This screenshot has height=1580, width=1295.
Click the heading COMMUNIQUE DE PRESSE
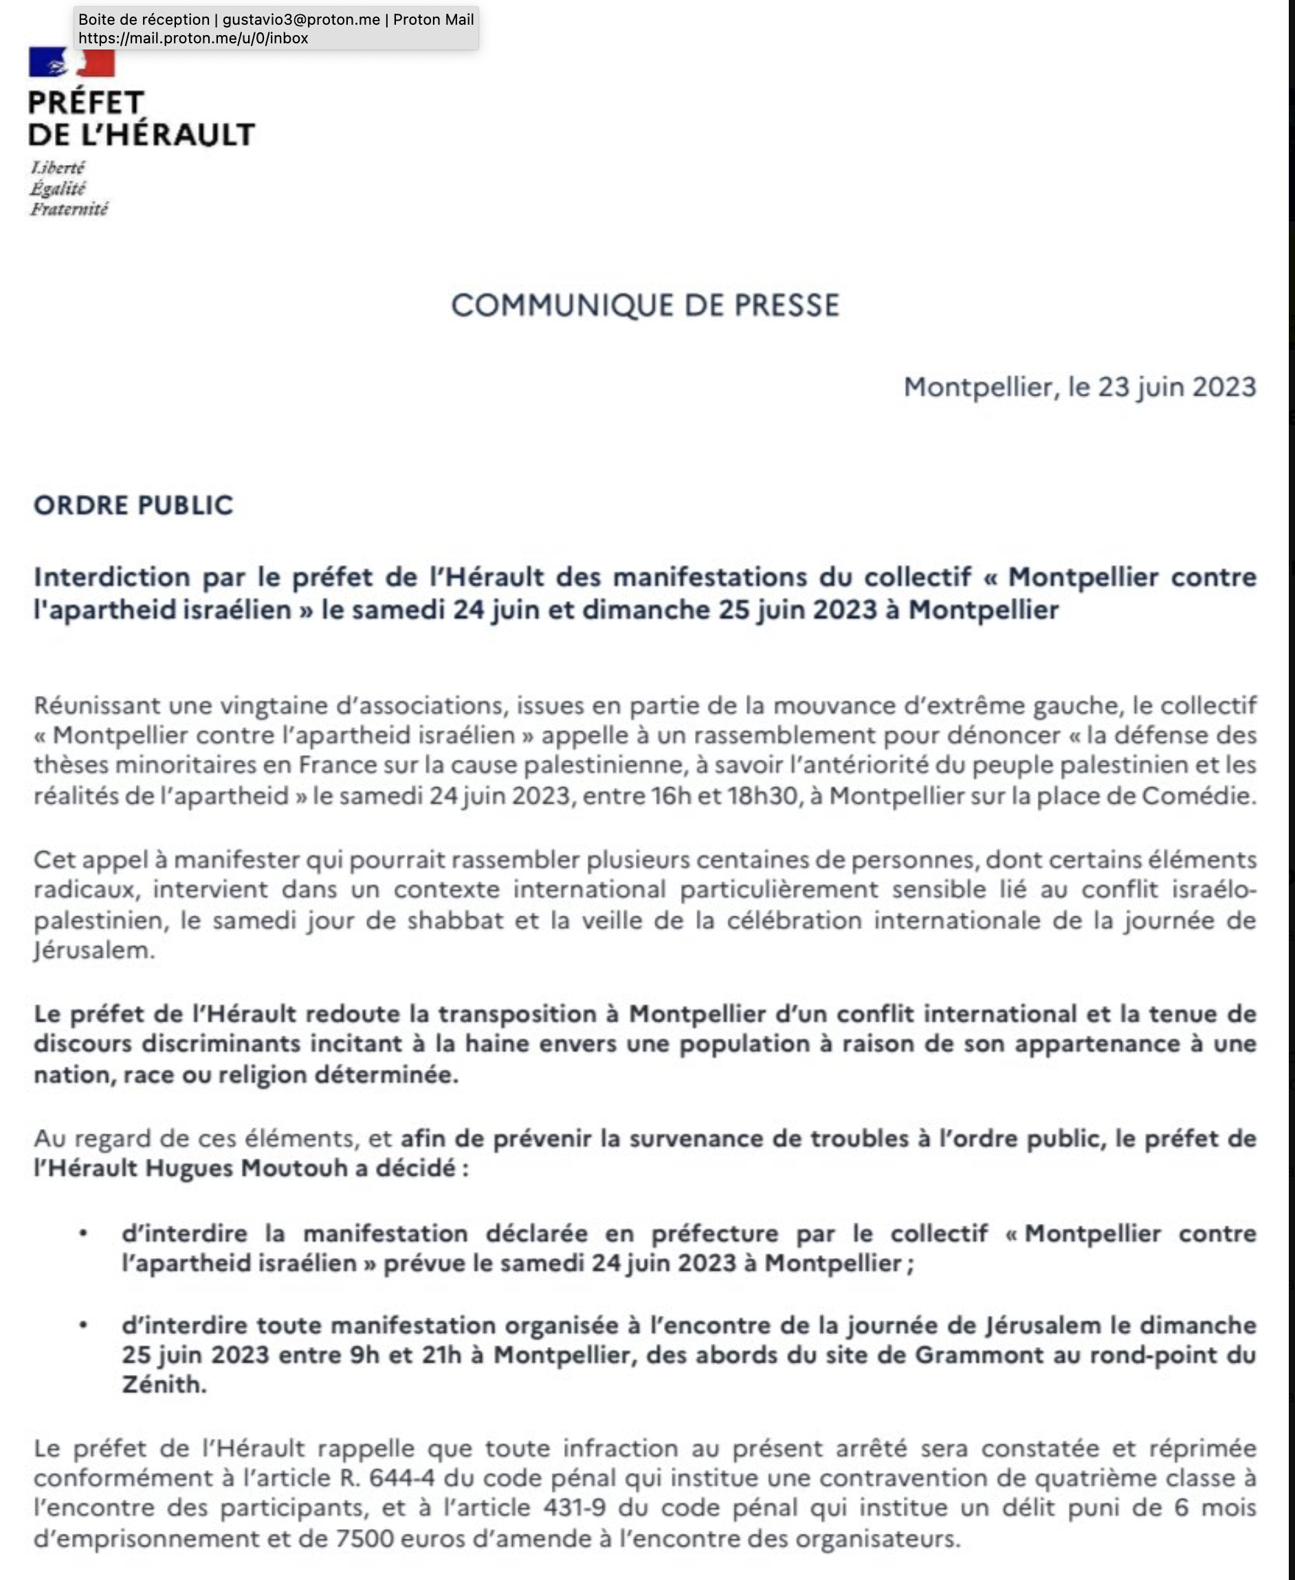[645, 305]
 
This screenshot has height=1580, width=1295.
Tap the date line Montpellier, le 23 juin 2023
[1079, 386]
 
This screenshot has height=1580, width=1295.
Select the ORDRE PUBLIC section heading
[133, 505]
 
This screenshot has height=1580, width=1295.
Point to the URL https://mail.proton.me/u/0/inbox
[193, 38]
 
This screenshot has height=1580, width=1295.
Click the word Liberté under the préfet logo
[58, 167]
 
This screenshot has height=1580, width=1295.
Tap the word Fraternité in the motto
[69, 209]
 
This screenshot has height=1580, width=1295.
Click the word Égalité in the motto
[58, 188]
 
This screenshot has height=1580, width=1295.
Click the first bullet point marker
[84, 1234]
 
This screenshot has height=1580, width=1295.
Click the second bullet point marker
[84, 1326]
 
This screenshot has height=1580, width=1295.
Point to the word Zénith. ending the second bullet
[164, 1385]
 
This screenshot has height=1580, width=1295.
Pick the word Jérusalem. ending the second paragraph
[94, 950]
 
